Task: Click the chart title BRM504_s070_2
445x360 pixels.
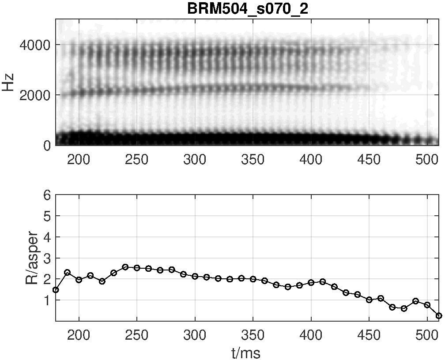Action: (247, 9)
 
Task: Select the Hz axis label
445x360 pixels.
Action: (9, 82)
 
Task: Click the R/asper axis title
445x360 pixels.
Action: (32, 259)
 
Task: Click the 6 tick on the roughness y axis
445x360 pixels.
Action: (47, 195)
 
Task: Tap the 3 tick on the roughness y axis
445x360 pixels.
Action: (47, 258)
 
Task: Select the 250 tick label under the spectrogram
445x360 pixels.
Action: (137, 159)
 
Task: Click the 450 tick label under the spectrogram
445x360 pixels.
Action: (369, 159)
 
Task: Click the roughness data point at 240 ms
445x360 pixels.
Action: (125, 266)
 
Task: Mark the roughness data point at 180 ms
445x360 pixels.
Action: (56, 290)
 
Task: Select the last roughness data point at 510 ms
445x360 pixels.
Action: (439, 315)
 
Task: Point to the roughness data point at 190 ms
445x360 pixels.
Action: (67, 272)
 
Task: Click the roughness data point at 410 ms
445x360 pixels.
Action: (323, 282)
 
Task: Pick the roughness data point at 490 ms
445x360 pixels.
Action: (416, 301)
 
